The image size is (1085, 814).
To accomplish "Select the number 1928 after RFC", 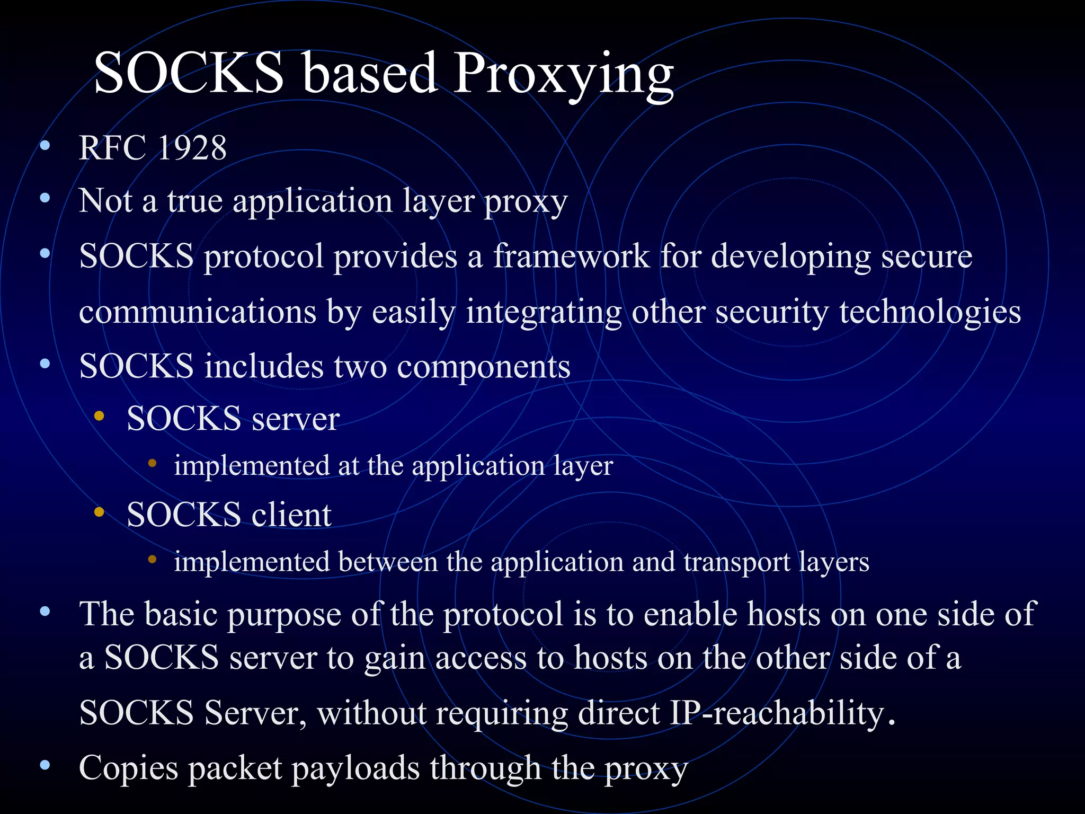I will coord(192,148).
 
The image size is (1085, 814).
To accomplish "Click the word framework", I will coord(572,256).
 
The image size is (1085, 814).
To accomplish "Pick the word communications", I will coord(198,312).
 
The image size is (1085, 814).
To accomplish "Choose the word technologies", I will coord(930,312).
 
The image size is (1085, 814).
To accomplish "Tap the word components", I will coord(483,367).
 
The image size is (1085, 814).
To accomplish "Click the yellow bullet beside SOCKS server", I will coord(99,416).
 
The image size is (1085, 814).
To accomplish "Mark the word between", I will coord(388,562).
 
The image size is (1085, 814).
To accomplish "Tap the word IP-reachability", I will coord(777,713).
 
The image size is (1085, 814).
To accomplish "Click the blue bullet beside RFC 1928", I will coord(45,145).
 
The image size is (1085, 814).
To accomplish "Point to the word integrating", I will coord(544,312).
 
